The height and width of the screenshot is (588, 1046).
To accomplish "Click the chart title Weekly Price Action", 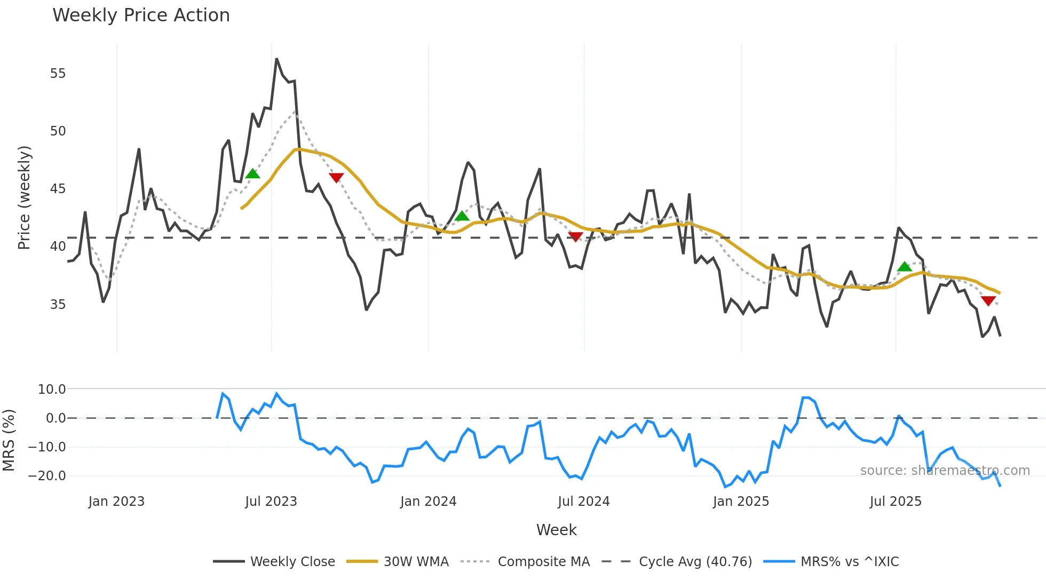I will tap(141, 15).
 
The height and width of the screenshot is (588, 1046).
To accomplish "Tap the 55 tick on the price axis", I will tap(58, 74).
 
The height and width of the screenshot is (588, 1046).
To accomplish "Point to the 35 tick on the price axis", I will tap(58, 305).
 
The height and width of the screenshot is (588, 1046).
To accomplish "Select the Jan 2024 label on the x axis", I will tap(428, 502).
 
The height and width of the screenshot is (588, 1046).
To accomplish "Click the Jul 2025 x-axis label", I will tap(896, 502).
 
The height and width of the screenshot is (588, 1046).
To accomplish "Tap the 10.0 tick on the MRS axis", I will tap(51, 390).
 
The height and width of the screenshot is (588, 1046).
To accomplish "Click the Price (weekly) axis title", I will tap(24, 197).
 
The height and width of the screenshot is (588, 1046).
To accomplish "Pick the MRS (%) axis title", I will tap(9, 440).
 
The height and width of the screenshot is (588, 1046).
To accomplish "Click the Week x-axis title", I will tap(556, 530).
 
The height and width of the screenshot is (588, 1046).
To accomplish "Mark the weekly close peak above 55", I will tap(276, 59).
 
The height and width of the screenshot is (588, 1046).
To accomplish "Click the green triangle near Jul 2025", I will tap(904, 267).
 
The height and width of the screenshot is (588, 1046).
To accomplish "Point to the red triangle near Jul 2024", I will tap(575, 236).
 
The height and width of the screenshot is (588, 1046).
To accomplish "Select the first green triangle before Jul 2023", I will tap(252, 174).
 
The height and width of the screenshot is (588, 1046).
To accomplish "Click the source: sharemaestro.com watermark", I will tap(945, 471).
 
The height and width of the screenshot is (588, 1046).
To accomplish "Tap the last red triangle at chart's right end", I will tap(988, 301).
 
